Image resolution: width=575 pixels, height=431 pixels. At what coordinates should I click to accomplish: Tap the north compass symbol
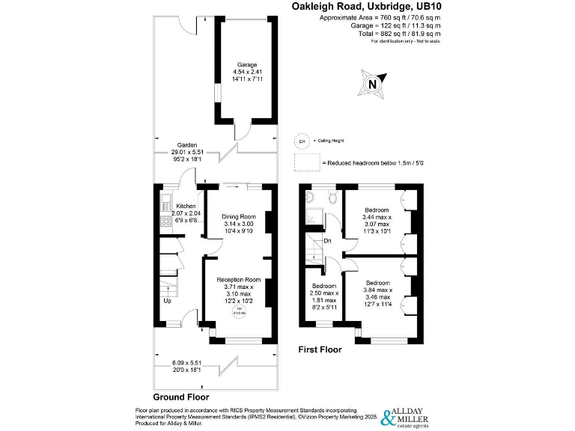click(x=372, y=85)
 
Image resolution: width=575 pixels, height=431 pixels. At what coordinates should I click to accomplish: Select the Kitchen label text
click(x=186, y=206)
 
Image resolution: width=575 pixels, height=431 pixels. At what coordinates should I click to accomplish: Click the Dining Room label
click(x=238, y=216)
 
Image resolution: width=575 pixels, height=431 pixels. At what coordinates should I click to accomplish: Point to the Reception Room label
click(x=238, y=280)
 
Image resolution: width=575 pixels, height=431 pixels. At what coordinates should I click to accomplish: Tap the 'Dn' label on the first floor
click(x=328, y=241)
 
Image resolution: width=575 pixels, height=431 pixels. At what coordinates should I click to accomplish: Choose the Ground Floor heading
click(x=180, y=397)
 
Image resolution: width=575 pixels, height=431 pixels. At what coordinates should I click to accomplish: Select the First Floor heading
click(x=320, y=349)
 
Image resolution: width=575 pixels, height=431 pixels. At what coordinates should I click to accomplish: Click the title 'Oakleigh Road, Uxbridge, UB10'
click(x=365, y=6)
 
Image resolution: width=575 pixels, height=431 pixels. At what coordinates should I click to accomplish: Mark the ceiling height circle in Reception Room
click(x=240, y=311)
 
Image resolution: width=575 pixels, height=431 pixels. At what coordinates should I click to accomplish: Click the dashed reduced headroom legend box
click(x=306, y=163)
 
